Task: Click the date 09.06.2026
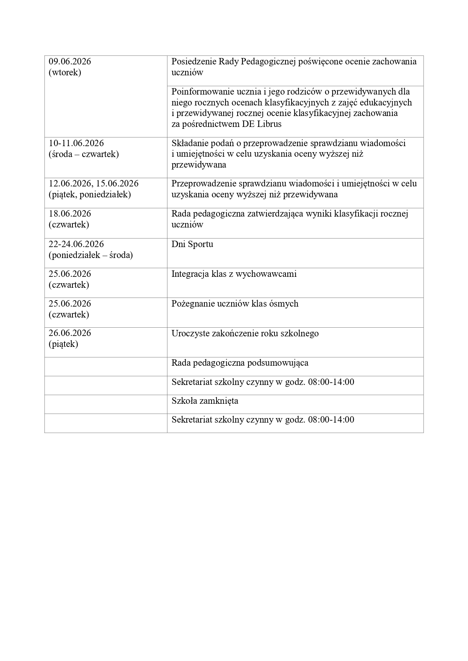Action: [70, 61]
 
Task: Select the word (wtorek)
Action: [64, 72]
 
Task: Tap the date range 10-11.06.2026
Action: [76, 143]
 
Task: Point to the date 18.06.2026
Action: [70, 214]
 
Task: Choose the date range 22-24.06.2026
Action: [76, 244]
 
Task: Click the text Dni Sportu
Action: [192, 244]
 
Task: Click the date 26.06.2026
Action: [70, 333]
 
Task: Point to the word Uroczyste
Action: [189, 333]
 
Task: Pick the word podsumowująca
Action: [278, 363]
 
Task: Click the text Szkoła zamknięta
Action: [205, 401]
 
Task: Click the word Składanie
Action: [189, 143]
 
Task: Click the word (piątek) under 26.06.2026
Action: [63, 344]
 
